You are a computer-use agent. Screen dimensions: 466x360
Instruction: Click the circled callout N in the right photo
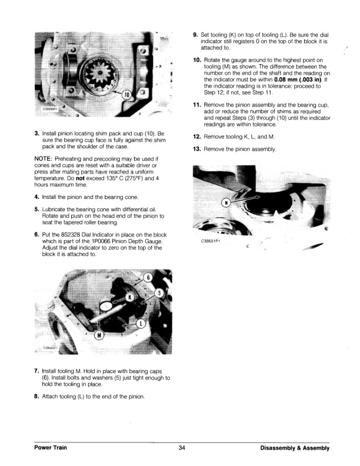pos(226,203)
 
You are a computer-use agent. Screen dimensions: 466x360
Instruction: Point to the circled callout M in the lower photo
pos(99,335)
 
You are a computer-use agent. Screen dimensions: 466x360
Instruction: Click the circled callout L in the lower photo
pos(141,324)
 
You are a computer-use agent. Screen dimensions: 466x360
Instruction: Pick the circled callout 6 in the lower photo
pos(149,277)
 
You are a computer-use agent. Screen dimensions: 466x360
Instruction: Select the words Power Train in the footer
pos(50,448)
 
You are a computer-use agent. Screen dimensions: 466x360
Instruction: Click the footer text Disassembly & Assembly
pos(294,448)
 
